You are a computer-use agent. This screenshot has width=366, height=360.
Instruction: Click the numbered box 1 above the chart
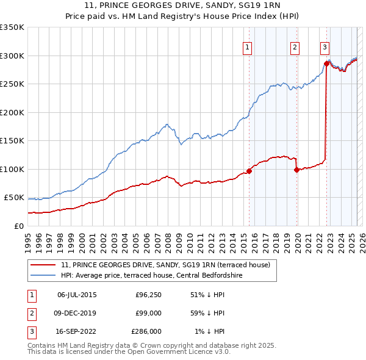click(248, 49)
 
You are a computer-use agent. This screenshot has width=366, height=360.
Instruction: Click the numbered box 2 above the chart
click(295, 49)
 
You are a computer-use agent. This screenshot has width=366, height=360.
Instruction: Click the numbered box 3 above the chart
click(325, 49)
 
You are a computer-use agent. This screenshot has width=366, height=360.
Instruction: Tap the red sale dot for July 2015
click(249, 171)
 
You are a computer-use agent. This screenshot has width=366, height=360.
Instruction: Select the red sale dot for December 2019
click(297, 170)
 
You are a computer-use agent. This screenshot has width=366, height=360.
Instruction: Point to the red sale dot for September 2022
click(327, 63)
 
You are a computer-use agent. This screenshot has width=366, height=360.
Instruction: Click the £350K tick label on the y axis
click(12, 27)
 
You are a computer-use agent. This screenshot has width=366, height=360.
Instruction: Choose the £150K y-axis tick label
click(12, 141)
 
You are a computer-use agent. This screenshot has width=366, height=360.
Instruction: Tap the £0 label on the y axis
click(20, 226)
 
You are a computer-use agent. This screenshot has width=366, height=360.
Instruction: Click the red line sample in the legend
click(43, 265)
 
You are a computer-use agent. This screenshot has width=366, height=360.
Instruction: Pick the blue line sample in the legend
click(43, 276)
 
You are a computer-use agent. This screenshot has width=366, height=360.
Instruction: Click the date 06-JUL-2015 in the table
click(77, 295)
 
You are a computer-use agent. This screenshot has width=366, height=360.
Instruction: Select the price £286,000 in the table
click(146, 333)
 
